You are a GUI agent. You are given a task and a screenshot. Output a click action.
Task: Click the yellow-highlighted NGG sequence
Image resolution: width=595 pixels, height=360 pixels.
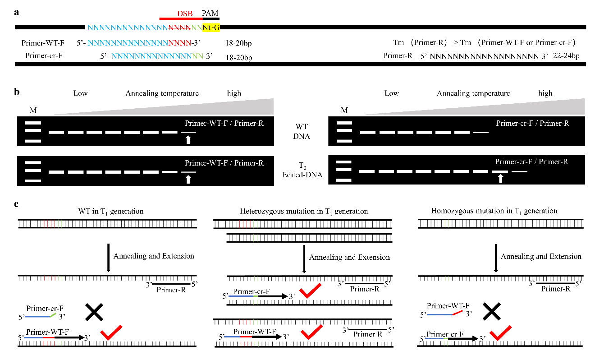click(x=211, y=28)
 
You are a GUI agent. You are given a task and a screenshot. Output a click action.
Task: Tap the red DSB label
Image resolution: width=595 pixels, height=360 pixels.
click(x=185, y=13)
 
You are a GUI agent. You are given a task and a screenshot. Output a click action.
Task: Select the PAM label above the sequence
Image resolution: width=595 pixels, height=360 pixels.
click(x=210, y=13)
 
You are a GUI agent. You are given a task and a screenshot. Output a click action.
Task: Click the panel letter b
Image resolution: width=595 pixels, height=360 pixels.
click(x=17, y=92)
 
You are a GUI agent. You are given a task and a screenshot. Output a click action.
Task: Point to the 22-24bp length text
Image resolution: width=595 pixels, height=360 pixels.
click(x=566, y=56)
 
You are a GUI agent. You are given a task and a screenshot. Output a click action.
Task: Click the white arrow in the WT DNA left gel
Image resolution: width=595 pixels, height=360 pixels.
click(x=188, y=139)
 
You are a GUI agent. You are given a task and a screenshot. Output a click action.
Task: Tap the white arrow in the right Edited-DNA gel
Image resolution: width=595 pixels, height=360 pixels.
click(x=500, y=178)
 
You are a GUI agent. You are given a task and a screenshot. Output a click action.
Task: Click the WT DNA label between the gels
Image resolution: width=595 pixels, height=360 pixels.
click(x=302, y=131)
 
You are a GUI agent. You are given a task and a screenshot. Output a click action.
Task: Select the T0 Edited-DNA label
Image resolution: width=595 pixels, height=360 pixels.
click(x=302, y=170)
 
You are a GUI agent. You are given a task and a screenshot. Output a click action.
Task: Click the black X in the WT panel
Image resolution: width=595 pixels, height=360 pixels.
click(x=94, y=312)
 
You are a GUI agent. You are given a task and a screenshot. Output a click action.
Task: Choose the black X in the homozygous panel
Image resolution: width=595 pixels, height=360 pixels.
click(x=492, y=311)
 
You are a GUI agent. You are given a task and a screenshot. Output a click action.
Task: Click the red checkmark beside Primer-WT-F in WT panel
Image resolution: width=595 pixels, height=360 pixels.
click(x=112, y=332)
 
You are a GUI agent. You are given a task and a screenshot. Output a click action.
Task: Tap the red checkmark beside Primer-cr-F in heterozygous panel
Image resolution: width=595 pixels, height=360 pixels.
click(x=310, y=291)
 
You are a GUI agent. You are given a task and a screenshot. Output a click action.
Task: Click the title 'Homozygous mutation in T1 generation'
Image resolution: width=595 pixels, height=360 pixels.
click(x=494, y=211)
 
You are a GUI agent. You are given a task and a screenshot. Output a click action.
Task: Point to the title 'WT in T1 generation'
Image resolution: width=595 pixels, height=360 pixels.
click(x=111, y=212)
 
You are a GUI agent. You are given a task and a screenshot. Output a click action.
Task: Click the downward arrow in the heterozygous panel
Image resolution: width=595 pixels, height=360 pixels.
click(x=304, y=259)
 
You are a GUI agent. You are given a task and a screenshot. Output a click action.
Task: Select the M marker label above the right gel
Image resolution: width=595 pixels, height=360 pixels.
click(x=344, y=110)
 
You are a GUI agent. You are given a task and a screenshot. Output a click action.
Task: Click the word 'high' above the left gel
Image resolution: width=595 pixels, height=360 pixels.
click(x=234, y=93)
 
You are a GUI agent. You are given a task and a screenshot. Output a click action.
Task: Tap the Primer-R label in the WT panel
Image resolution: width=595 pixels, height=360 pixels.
click(x=171, y=290)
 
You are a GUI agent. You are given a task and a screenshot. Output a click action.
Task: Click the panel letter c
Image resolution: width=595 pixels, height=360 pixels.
click(x=16, y=204)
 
